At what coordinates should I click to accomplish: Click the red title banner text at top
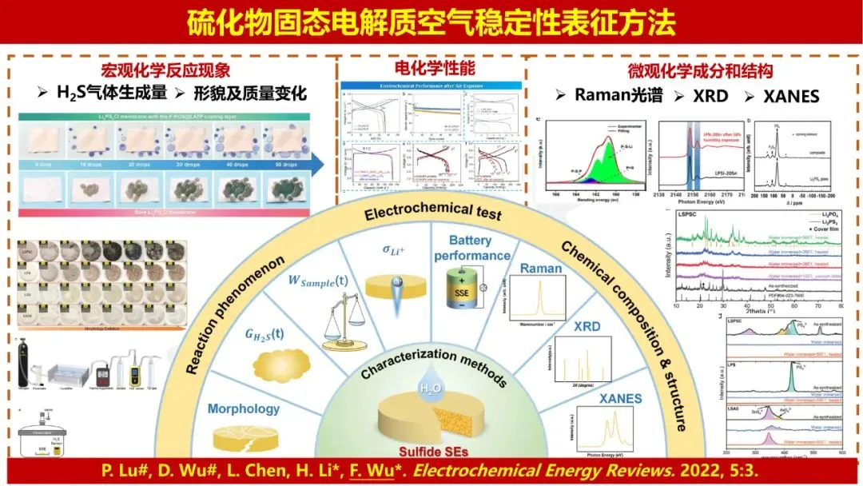(431, 24)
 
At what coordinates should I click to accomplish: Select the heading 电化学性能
(429, 68)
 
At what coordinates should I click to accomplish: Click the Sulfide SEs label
(431, 450)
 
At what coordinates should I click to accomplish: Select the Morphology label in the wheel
(244, 408)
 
